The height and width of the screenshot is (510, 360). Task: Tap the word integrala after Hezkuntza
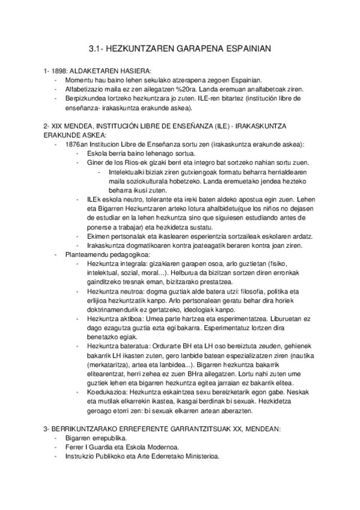point(133,264)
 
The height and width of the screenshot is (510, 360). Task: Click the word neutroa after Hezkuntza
point(131,290)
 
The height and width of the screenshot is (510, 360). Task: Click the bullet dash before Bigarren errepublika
point(56,437)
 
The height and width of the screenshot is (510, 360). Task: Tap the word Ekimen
point(99,237)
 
